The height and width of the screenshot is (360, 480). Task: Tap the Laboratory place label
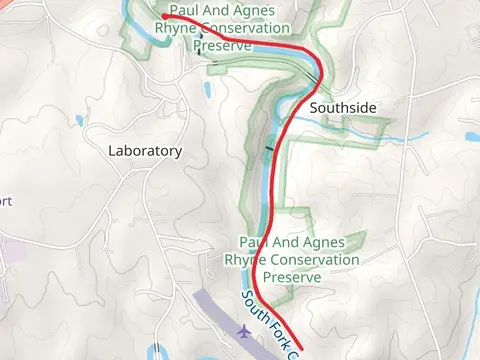[145, 151]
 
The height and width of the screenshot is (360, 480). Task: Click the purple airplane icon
[244, 330]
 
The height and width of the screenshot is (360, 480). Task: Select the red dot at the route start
[164, 16]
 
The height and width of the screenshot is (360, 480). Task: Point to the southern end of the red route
[301, 350]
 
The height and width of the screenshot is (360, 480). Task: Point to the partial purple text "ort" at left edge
[6, 201]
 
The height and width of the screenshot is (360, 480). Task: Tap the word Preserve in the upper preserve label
[221, 46]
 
